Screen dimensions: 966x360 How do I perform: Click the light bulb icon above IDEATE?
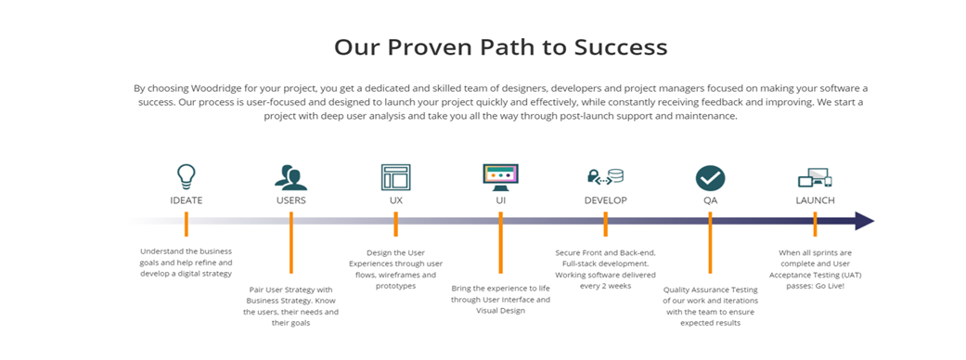186,176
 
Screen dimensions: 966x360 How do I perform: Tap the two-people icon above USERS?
290,177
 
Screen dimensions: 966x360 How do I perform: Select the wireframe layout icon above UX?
395,177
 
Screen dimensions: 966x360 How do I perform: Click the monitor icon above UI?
500,177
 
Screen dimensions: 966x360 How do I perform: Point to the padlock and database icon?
605,177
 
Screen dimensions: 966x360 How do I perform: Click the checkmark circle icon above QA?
710,177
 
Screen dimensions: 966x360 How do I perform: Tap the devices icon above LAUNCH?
815,177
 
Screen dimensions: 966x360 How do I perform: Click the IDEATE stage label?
186,200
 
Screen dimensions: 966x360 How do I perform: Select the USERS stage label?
290,200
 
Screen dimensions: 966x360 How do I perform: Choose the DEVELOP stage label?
606,200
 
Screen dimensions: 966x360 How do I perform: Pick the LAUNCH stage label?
815,200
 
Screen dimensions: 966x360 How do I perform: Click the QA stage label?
710,200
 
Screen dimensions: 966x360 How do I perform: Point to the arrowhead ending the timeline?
864,221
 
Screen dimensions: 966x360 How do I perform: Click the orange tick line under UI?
500,242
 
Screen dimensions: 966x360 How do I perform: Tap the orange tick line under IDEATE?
186,224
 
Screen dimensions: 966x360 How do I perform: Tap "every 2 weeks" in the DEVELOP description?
605,286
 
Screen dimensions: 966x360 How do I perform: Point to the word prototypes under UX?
395,286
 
